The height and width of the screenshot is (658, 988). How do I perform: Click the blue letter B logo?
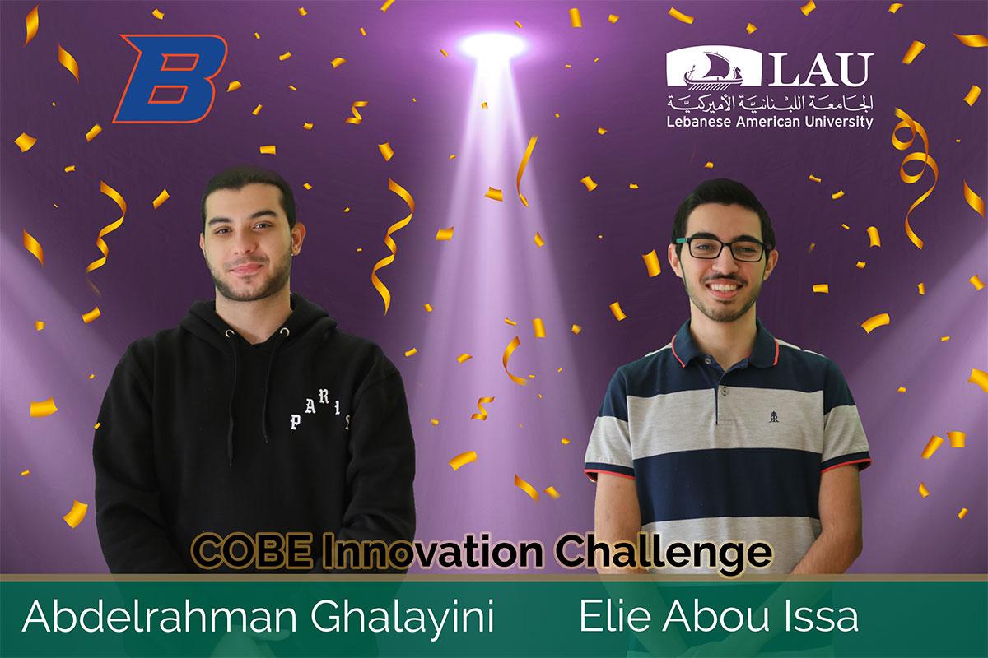pyautogui.click(x=170, y=78)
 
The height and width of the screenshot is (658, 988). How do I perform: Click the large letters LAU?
pyautogui.click(x=821, y=69)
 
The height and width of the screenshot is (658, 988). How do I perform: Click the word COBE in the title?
pyautogui.click(x=251, y=552)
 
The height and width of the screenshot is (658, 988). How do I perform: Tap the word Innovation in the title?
pyautogui.click(x=432, y=552)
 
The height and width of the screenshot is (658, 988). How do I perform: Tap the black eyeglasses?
pyautogui.click(x=724, y=248)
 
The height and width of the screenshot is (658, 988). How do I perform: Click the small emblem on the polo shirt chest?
pyautogui.click(x=774, y=416)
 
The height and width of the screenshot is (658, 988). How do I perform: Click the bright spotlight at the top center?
pyautogui.click(x=493, y=45)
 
